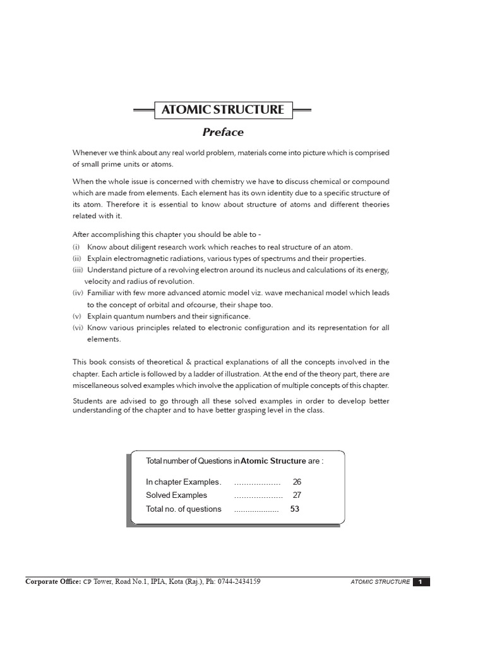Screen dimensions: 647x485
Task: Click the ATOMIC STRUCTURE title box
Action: click(223, 109)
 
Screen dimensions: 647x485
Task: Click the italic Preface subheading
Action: click(222, 132)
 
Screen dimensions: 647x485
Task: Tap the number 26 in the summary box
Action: click(297, 481)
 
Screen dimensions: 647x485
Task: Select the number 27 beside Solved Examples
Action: click(297, 495)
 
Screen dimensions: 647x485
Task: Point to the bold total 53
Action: click(294, 509)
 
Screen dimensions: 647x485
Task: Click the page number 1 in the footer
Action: click(421, 582)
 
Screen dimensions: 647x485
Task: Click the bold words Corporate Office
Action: click(52, 581)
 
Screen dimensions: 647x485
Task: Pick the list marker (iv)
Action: click(78, 293)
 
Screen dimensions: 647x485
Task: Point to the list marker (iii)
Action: click(78, 270)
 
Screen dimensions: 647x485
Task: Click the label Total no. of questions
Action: click(184, 509)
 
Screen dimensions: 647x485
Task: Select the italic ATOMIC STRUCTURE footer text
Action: click(380, 582)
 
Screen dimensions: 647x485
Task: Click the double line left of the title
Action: click(144, 110)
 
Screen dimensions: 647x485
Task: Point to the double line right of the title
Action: click(302, 110)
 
